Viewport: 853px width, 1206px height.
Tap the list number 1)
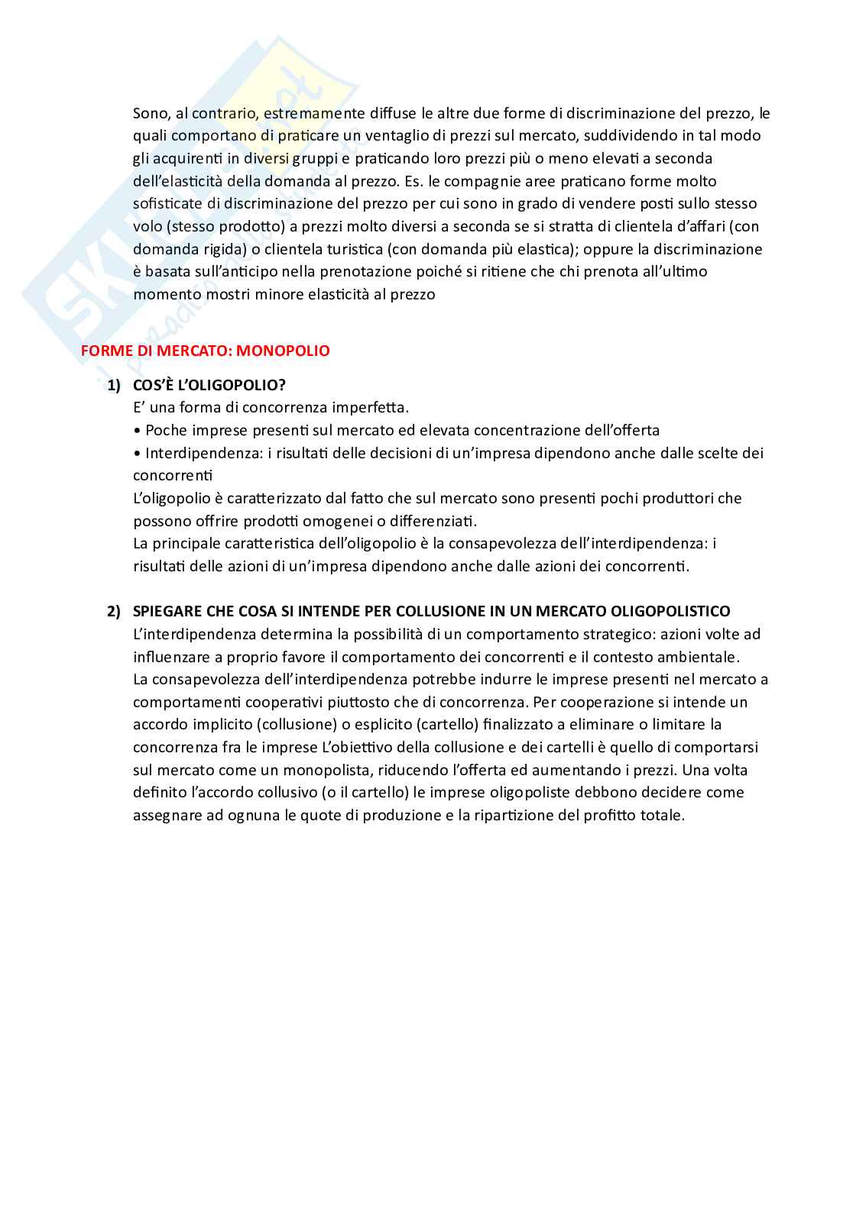(113, 385)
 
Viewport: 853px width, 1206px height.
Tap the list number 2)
(113, 611)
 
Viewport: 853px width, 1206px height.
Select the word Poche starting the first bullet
(164, 430)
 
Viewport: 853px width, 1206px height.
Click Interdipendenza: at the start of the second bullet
(204, 453)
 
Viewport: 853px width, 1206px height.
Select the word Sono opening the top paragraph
(151, 114)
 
